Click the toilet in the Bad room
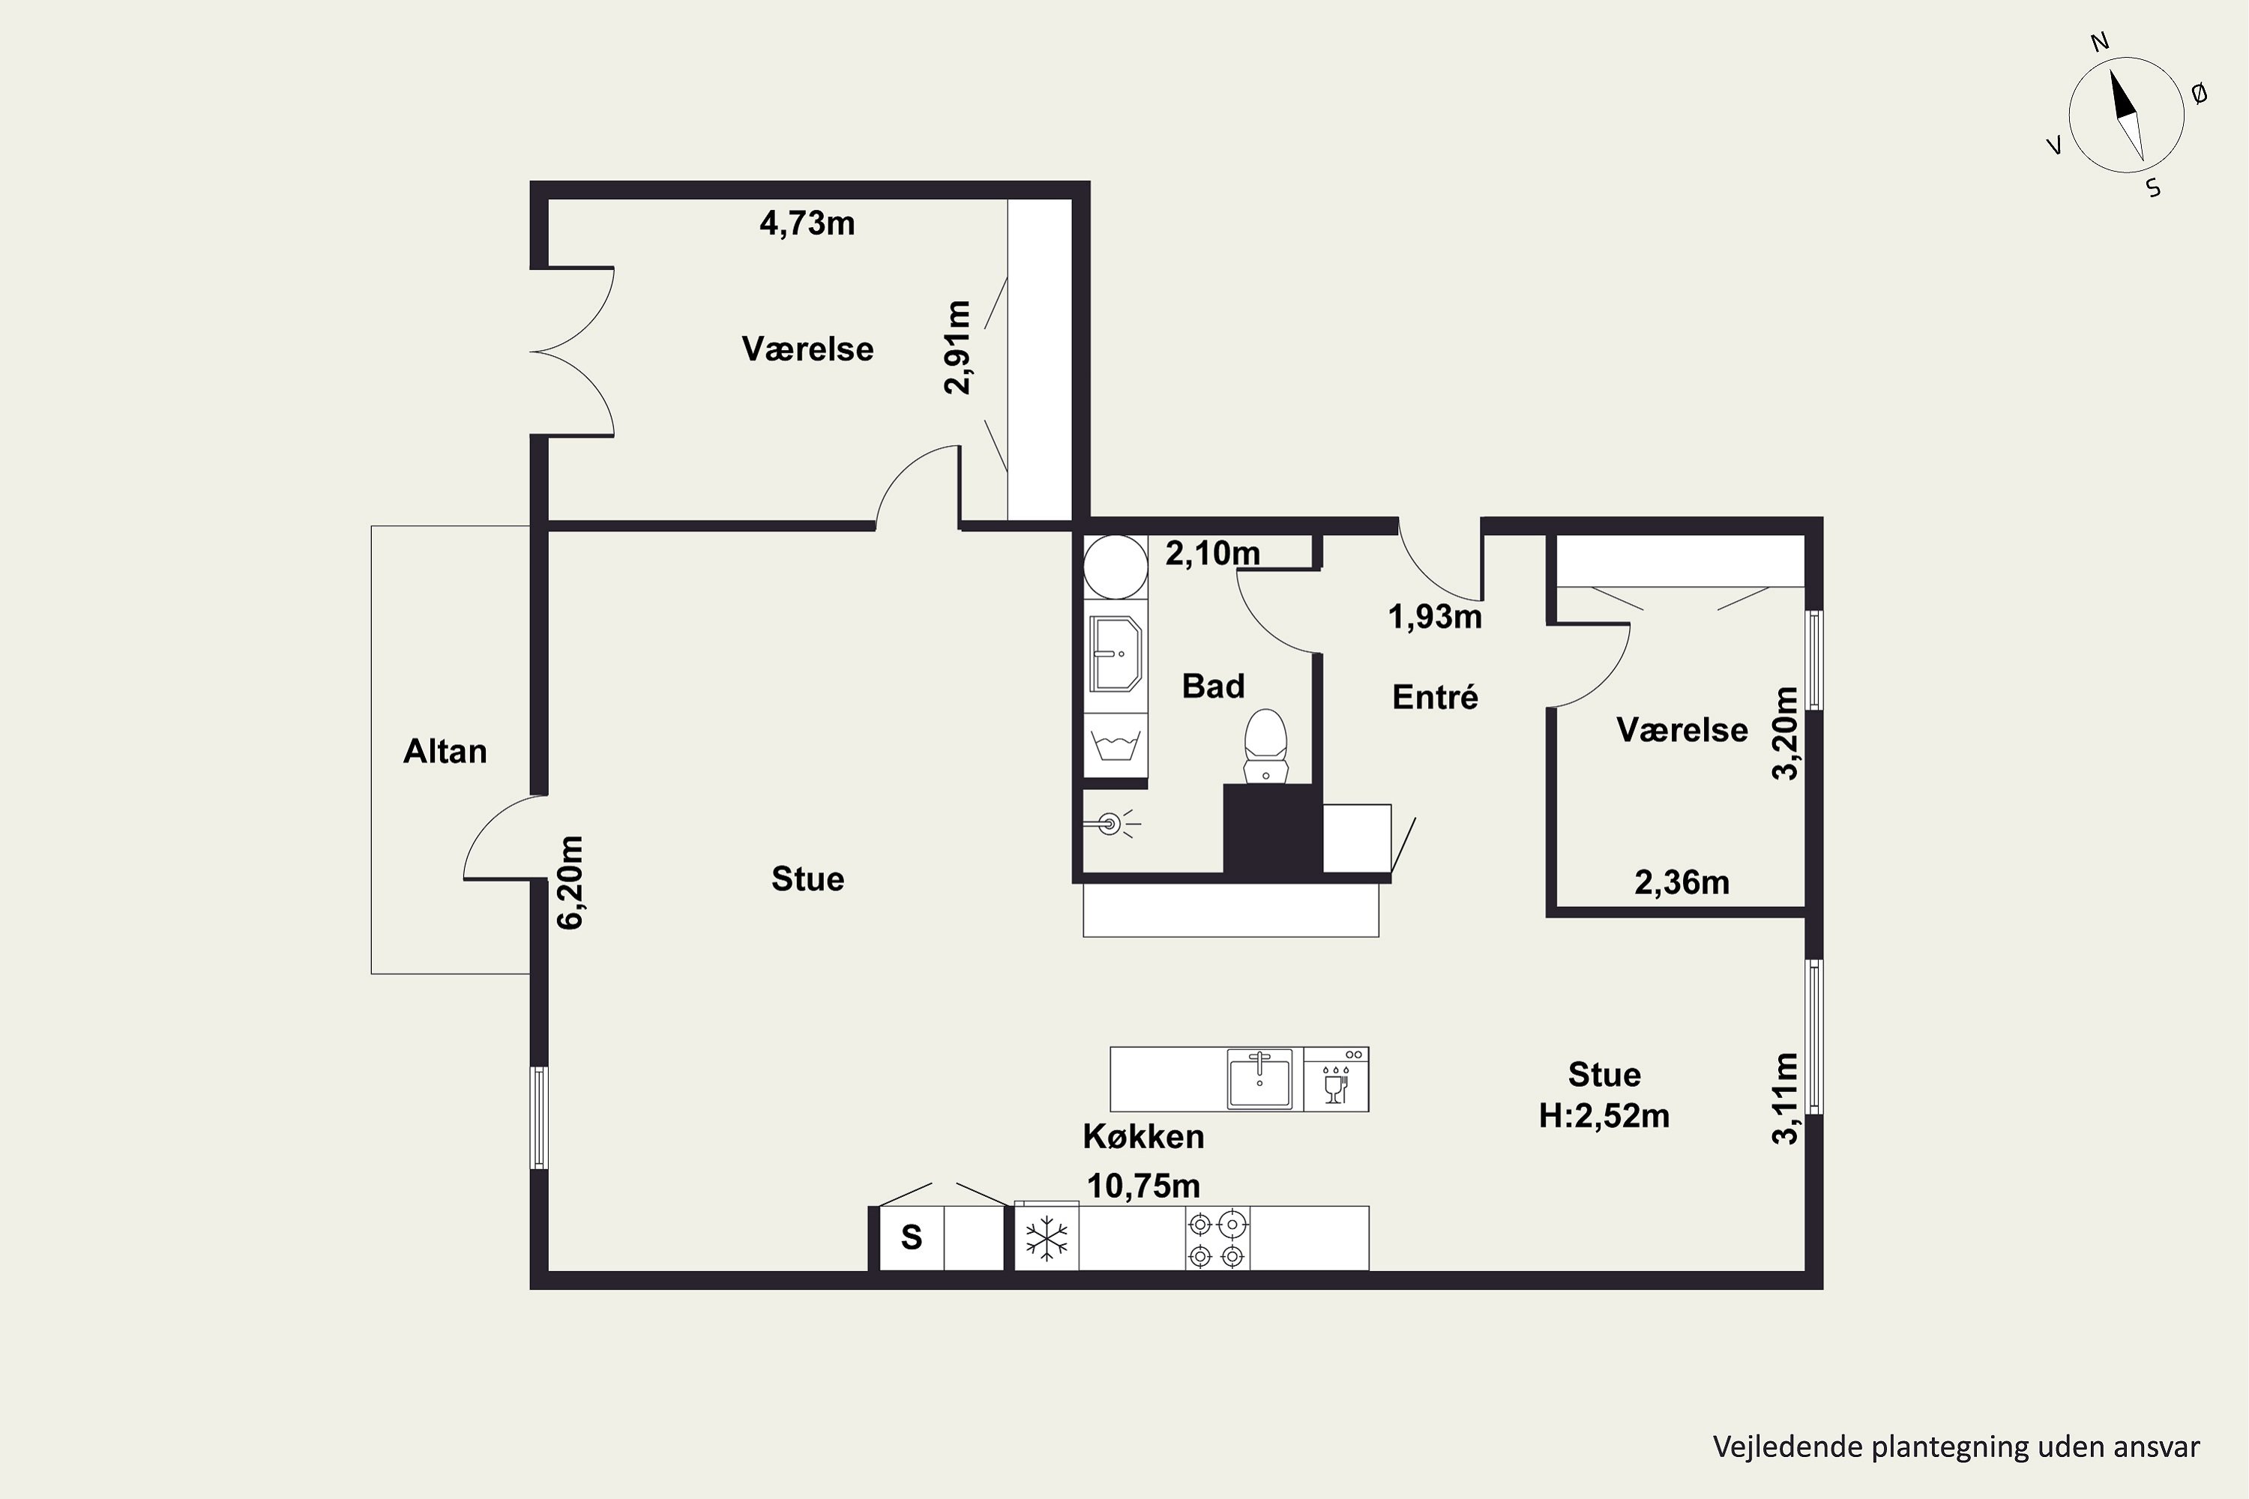1266,747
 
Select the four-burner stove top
1217,1238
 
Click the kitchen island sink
1259,1079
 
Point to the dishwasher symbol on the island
1336,1079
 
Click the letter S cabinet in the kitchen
912,1238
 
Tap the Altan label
445,752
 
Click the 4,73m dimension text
807,223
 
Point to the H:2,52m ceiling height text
1604,1116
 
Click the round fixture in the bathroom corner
1115,566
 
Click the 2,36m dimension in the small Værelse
1682,882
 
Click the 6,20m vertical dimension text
570,882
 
